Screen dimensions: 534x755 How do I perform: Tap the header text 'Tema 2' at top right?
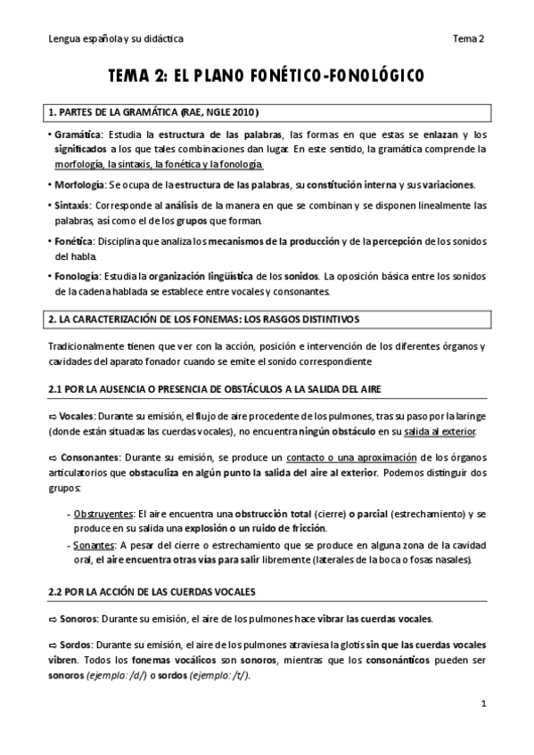[x=468, y=38]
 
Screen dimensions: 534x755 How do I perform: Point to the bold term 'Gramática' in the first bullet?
[x=77, y=134]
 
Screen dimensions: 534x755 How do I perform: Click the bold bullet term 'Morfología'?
[x=78, y=185]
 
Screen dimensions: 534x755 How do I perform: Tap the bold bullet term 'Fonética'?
[x=73, y=241]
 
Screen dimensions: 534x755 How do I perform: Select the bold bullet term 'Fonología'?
[x=77, y=276]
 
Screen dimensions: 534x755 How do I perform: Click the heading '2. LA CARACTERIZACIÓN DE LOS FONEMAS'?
[x=205, y=319]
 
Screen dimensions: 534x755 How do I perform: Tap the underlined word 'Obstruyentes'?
[x=101, y=515]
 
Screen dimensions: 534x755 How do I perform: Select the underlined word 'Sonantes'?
[x=94, y=545]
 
